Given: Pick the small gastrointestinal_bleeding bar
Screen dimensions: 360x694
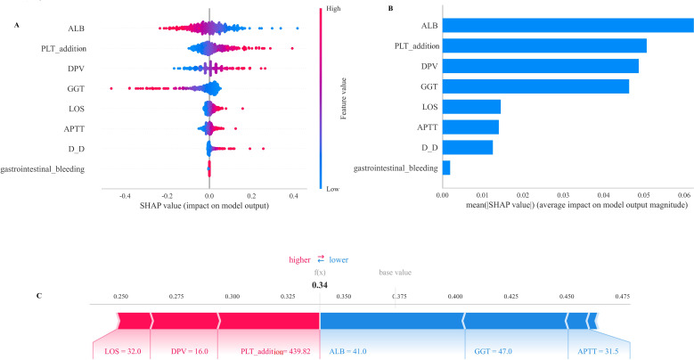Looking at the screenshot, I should [x=446, y=168].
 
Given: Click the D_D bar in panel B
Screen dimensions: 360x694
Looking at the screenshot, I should [x=468, y=147].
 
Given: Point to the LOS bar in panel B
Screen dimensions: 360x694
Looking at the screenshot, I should [x=471, y=107].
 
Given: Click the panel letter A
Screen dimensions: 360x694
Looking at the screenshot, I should [x=17, y=24].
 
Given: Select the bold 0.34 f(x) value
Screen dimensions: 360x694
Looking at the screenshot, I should [x=320, y=285].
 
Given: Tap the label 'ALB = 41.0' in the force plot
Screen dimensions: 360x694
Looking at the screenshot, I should [x=348, y=352].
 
